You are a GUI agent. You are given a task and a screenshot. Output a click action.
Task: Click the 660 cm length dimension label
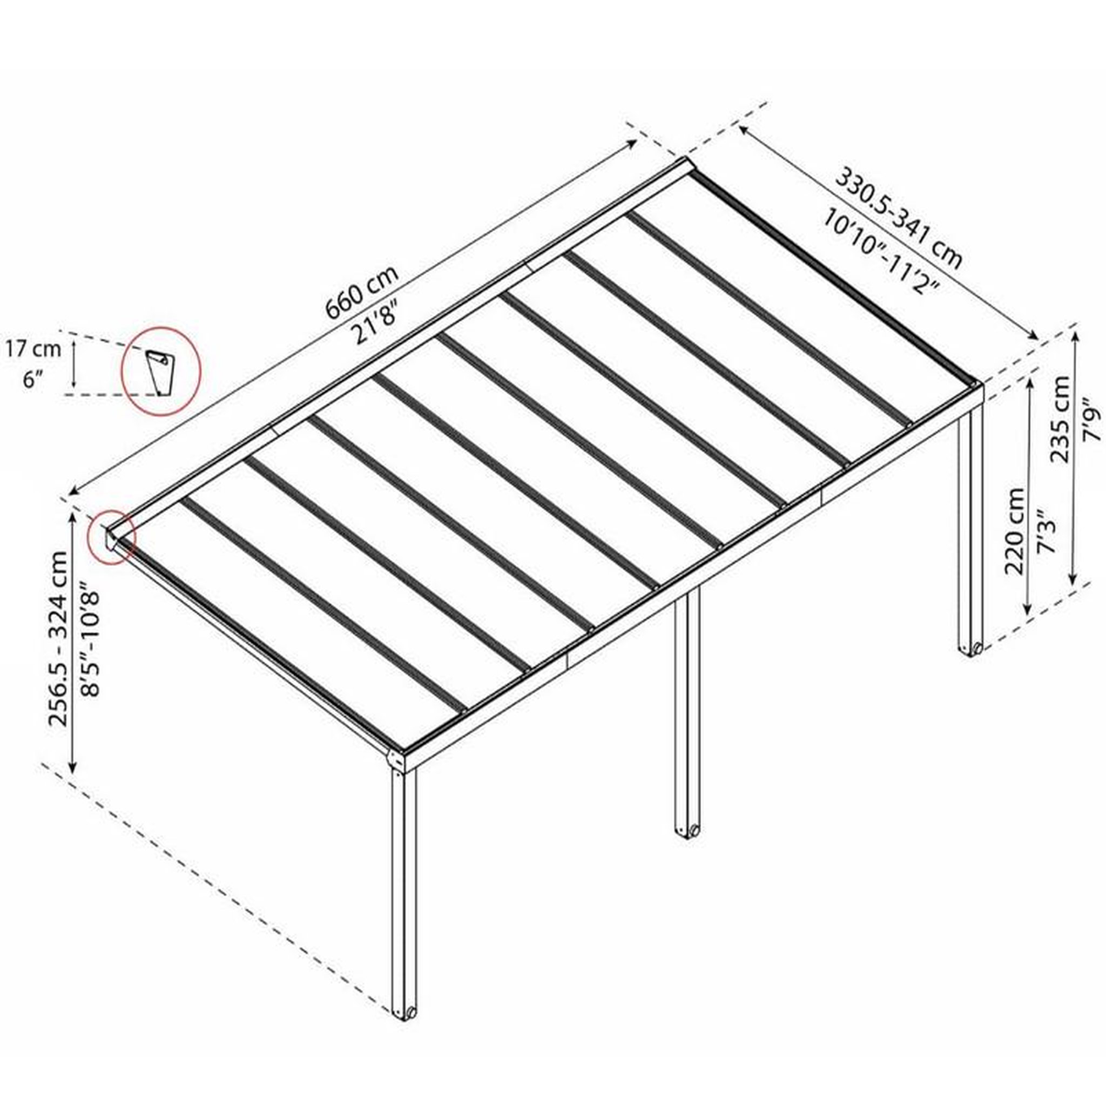click(x=361, y=293)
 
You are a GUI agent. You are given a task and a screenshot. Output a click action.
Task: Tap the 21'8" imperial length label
click(x=377, y=323)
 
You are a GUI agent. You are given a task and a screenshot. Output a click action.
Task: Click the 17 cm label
click(x=33, y=349)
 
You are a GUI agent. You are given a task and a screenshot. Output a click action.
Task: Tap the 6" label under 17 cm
click(x=33, y=380)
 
